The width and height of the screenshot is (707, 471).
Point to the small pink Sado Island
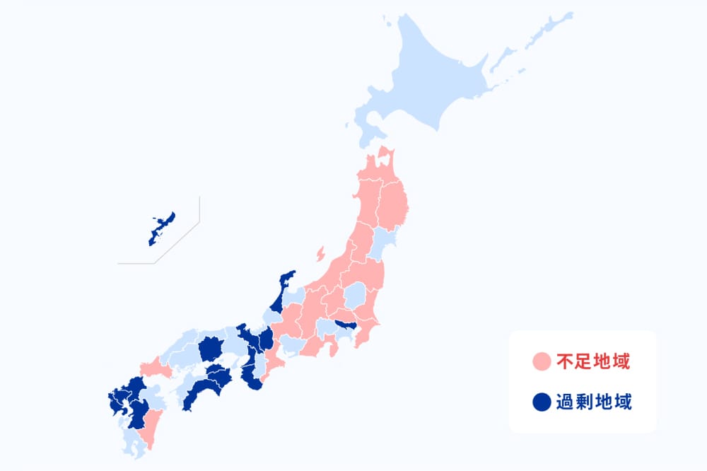(320, 252)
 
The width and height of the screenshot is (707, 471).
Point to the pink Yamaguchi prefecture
(156, 368)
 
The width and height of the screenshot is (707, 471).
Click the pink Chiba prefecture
(366, 332)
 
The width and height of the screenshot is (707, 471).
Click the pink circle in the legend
(541, 363)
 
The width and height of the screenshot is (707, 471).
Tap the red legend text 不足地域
(592, 363)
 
